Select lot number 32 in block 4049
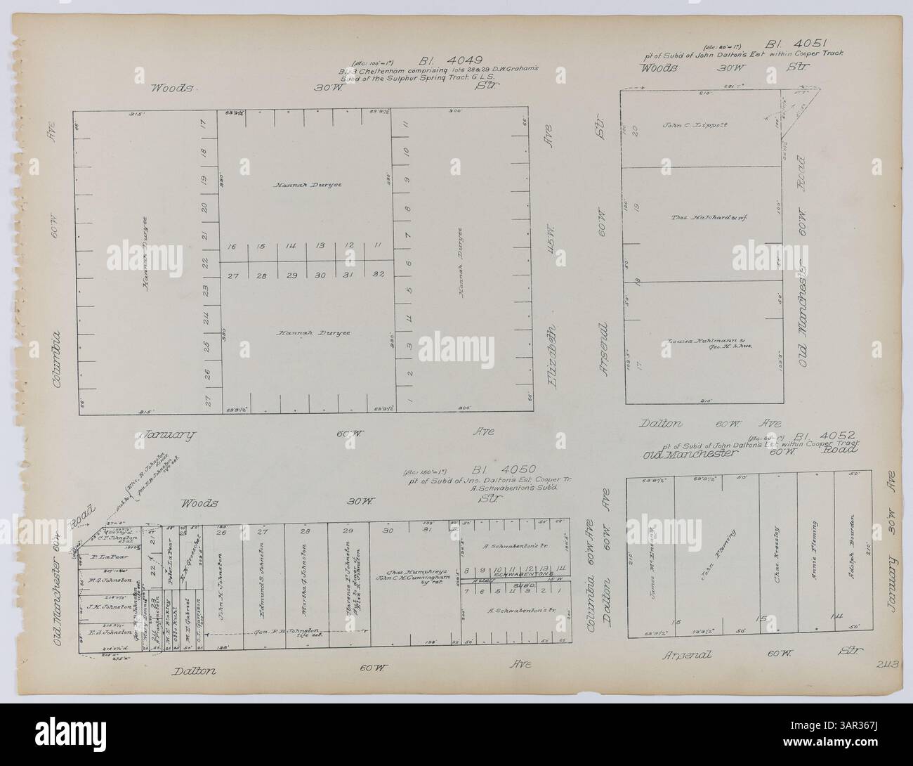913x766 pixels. point(377,275)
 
